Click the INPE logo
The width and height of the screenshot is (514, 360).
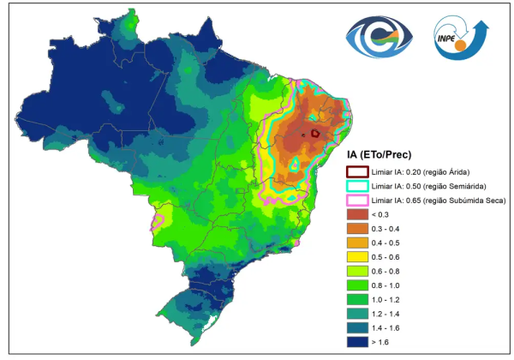pos(461,38)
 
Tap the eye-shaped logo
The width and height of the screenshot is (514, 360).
pos(380,37)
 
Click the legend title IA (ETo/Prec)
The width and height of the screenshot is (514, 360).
pos(379,154)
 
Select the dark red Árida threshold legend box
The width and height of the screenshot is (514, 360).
pos(357,171)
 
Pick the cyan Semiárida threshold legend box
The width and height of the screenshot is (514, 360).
pos(357,186)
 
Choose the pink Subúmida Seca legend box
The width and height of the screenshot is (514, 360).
pos(357,201)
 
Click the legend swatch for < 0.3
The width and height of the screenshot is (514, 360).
pos(357,214)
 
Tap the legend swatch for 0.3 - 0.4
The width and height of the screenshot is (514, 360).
pos(357,229)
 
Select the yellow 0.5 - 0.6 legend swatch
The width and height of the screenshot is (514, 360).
pos(357,257)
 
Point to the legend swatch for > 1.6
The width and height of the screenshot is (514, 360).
pos(357,342)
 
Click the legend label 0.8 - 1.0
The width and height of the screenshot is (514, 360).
pos(385,285)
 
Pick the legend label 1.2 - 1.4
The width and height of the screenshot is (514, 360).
pos(385,314)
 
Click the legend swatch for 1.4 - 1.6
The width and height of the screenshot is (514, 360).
pos(357,328)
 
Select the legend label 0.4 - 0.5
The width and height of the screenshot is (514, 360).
pos(385,243)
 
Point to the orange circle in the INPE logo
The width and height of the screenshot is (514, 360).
pos(461,45)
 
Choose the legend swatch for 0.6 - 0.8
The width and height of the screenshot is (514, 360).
pos(357,271)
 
